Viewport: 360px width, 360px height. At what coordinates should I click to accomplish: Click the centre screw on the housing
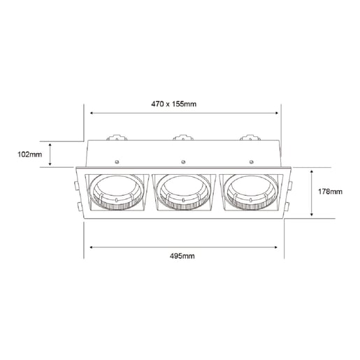pos(182,161)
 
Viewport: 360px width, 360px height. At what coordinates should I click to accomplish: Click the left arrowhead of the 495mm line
pos(87,246)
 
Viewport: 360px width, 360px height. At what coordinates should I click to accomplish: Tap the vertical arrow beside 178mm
pos(312,192)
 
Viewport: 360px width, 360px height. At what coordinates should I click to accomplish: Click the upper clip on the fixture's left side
pos(76,186)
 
